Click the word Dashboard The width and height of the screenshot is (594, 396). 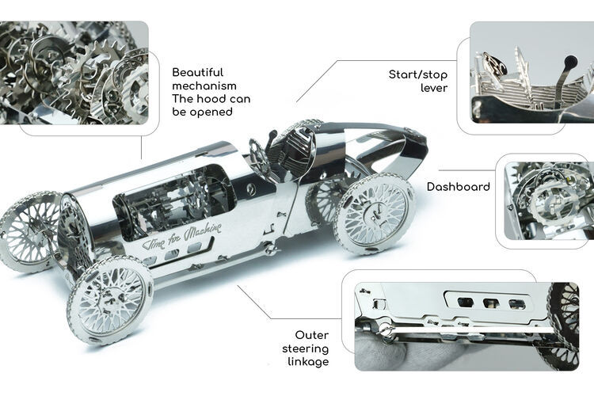(x=458, y=187)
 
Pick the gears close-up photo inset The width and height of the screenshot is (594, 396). (x=74, y=73)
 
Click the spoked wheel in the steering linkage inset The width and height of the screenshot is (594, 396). (x=565, y=325)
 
